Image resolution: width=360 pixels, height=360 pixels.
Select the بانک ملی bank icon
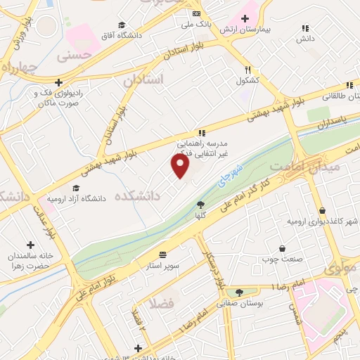tap(196, 14)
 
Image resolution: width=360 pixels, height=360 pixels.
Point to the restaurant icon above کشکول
tap(247, 70)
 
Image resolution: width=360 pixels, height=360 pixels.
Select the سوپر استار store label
tap(163, 266)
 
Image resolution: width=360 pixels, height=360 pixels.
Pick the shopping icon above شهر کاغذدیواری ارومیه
tap(323, 210)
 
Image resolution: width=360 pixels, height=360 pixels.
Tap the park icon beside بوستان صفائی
tap(239, 292)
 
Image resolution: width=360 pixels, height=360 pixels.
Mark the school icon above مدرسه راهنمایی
tap(202, 132)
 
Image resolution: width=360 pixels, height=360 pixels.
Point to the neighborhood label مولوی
tap(342, 269)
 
